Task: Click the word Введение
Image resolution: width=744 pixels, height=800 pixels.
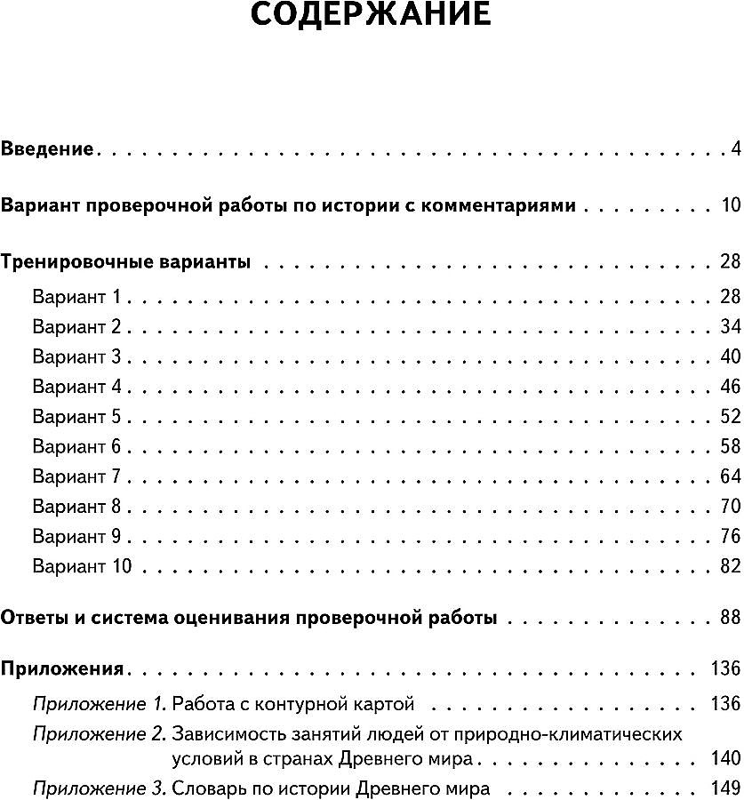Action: point(47,148)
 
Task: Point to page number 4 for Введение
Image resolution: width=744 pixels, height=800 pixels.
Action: point(735,148)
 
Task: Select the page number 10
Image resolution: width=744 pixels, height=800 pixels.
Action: point(731,206)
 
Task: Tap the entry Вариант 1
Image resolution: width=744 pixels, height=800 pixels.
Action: point(81,296)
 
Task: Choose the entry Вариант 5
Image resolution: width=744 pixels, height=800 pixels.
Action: point(82,417)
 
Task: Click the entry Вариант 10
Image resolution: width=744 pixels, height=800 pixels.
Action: point(85,566)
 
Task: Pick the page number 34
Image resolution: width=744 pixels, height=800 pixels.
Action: point(730,326)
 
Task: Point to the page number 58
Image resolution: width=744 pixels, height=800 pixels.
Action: point(730,446)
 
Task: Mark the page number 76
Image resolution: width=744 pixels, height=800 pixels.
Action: point(730,537)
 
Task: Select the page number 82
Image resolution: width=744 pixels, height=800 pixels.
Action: point(730,566)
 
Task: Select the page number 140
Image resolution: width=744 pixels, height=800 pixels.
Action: point(725,759)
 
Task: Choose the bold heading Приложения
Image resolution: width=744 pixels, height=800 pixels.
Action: point(61,668)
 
